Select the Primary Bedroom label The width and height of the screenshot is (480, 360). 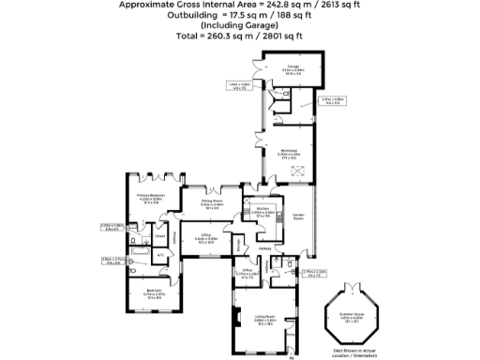[x=150, y=196]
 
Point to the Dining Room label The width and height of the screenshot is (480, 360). [x=211, y=200]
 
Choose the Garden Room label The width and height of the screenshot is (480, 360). [x=299, y=217]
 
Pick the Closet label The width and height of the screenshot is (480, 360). [x=134, y=236]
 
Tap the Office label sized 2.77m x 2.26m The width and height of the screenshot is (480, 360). [x=247, y=272]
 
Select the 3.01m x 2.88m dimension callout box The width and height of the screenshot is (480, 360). [x=333, y=99]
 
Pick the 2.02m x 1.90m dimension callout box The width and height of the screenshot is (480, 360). [x=112, y=226]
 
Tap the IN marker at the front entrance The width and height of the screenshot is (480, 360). [x=292, y=356]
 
